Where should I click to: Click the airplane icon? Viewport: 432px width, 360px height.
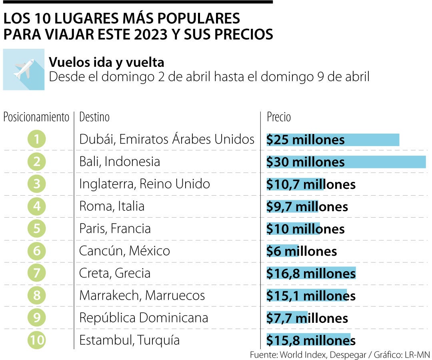24,69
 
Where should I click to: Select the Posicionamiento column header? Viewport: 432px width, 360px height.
36,117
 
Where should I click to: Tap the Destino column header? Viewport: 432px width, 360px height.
94,117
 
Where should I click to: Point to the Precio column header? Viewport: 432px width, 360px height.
279,117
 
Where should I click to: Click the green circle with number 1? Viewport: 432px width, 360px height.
37,140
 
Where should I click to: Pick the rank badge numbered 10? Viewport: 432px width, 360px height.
37,340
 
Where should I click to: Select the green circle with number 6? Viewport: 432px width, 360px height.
37,251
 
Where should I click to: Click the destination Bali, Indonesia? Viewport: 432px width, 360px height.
120,162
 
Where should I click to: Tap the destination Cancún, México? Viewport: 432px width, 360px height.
124,251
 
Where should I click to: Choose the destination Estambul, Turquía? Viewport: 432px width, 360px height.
129,340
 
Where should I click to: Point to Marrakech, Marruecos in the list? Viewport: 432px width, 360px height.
142,296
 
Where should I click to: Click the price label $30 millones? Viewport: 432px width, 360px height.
306,162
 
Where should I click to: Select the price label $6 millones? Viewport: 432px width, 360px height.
302,251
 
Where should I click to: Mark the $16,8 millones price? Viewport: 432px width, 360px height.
311,274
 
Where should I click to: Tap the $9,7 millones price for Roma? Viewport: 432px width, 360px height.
307,207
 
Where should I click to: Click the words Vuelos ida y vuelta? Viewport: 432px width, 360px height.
106,62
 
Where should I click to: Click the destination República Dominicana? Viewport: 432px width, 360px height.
144,318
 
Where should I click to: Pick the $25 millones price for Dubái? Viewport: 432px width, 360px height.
306,140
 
